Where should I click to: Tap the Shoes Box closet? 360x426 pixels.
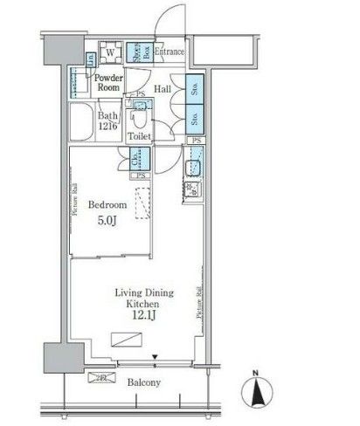pyautogui.click(x=137, y=53)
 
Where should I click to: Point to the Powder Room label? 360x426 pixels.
pyautogui.click(x=108, y=83)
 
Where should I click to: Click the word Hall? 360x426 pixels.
pyautogui.click(x=163, y=89)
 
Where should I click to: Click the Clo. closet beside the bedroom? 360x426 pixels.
pyautogui.click(x=137, y=159)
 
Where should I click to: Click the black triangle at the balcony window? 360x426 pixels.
pyautogui.click(x=155, y=354)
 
